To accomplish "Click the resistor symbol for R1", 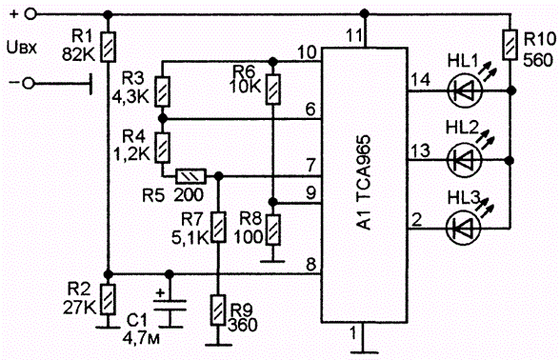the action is pos(109,47).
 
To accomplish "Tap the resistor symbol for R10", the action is pos(510,45).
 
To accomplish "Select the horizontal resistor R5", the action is pos(191,176).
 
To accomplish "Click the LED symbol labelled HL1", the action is pos(465,90).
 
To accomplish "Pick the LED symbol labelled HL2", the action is pos(465,160).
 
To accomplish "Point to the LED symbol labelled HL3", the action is pos(465,228).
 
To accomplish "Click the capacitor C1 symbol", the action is pos(170,307).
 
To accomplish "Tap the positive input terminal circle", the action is pos(30,14).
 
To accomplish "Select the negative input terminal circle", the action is pos(28,83).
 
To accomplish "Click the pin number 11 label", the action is pos(354,36).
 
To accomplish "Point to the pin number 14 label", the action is pos(420,79).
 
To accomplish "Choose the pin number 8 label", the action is pos(311,265).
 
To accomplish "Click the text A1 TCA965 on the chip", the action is pos(365,183).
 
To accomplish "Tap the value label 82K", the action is pos(78,54).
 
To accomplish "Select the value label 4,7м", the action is pos(141,338).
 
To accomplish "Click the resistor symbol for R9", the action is pos(218,310).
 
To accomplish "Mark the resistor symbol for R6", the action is pos(272,90).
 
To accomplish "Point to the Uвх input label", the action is pos(21,48).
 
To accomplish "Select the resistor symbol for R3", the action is pos(162,91).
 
